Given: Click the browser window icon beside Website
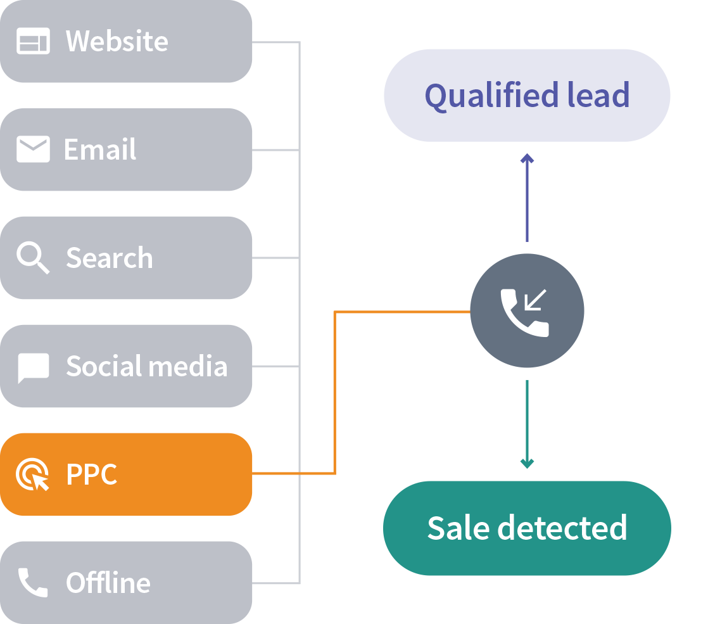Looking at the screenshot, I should click(x=33, y=42).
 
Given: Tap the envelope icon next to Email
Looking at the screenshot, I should click(x=33, y=150).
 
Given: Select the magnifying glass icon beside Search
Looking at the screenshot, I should click(x=33, y=258).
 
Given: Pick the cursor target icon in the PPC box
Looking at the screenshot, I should click(x=33, y=475).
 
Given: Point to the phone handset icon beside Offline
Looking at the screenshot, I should click(x=33, y=582).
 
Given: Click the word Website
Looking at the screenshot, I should click(x=117, y=42).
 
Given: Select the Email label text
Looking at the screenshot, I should click(x=100, y=150).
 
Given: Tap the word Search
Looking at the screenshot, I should click(x=110, y=258).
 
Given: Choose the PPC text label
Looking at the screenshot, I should click(x=92, y=475).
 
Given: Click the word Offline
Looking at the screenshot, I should click(x=108, y=583).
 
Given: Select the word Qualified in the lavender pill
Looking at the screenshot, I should click(x=482, y=96).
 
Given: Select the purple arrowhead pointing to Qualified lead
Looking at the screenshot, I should click(x=527, y=158).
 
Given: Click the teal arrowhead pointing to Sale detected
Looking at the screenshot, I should click(x=527, y=463).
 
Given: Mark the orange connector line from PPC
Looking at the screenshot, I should click(x=334, y=393).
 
